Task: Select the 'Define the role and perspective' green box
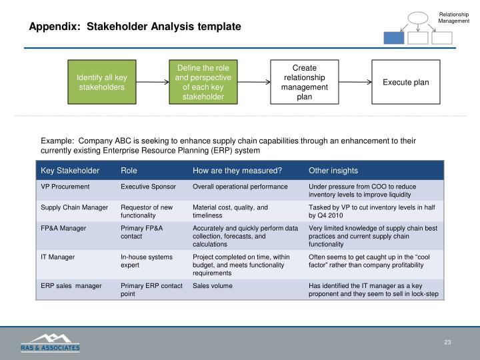(x=202, y=82)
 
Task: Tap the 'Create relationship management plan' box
(x=304, y=82)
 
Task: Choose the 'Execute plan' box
(x=405, y=82)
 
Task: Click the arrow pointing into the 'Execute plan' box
(x=355, y=83)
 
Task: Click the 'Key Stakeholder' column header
(x=70, y=171)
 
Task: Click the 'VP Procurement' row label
(x=65, y=187)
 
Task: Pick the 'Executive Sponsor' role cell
(x=148, y=187)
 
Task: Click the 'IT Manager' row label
(x=57, y=256)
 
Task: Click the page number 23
(x=447, y=343)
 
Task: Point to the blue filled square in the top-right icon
(x=393, y=38)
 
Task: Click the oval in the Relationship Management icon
(x=417, y=18)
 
